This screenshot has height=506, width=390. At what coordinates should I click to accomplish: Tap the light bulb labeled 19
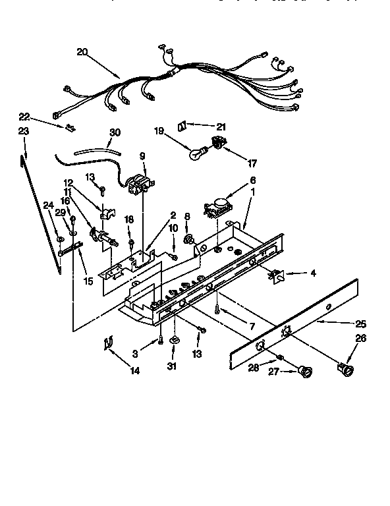point(195,155)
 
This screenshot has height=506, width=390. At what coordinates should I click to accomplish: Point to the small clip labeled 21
point(183,125)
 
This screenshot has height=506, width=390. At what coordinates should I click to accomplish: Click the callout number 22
point(24,117)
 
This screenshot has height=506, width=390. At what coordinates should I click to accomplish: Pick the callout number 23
point(24,131)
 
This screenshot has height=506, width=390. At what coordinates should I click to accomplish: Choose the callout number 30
point(115,132)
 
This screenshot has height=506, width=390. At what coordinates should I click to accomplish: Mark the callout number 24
point(47,205)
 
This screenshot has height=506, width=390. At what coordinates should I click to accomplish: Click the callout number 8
point(187,215)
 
